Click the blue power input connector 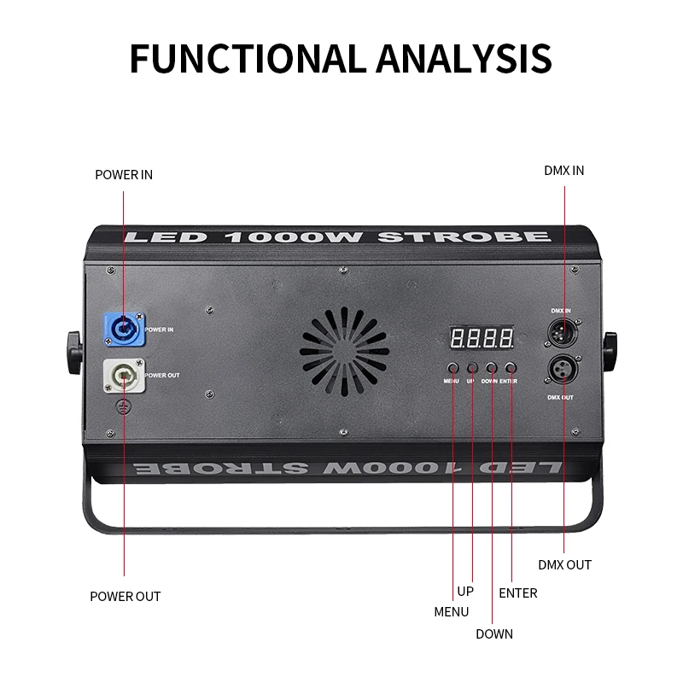pyautogui.click(x=123, y=328)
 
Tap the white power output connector pyautogui.click(x=122, y=375)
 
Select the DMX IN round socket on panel pyautogui.click(x=563, y=330)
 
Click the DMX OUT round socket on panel pyautogui.click(x=563, y=369)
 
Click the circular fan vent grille pyautogui.click(x=344, y=350)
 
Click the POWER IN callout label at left pyautogui.click(x=124, y=175)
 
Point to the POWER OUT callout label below pyautogui.click(x=125, y=597)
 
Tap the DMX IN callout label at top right pyautogui.click(x=564, y=171)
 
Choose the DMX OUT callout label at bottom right pyautogui.click(x=564, y=565)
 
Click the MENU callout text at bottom pyautogui.click(x=452, y=612)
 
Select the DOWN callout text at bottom pyautogui.click(x=494, y=634)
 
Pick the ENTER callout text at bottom pyautogui.click(x=518, y=593)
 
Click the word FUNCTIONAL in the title pyautogui.click(x=242, y=57)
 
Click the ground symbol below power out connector pyautogui.click(x=123, y=408)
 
